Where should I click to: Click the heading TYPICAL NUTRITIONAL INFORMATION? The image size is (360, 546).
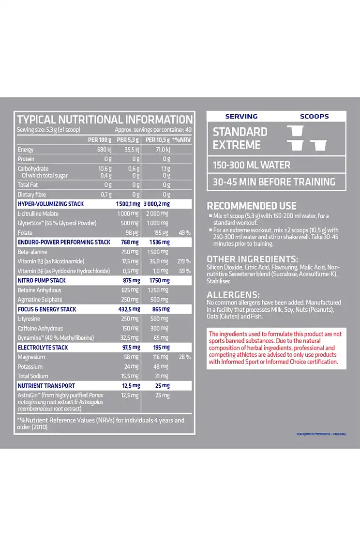[105, 120]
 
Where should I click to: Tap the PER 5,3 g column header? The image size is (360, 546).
[128, 140]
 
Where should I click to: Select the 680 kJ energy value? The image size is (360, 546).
[105, 150]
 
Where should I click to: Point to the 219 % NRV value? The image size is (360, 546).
[184, 261]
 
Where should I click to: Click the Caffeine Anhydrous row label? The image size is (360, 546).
[40, 328]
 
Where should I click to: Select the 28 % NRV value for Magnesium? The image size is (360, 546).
[184, 357]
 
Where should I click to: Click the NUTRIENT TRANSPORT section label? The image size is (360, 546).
[46, 386]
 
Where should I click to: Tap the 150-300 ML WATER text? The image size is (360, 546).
[252, 165]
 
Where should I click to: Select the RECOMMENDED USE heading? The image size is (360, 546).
[252, 206]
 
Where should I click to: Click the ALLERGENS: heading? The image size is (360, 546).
[233, 294]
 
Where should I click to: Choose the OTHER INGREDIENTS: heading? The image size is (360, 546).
[253, 258]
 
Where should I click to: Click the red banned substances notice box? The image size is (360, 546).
[276, 348]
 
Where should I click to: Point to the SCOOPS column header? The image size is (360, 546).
[314, 116]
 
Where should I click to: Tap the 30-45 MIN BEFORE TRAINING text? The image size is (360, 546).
[274, 182]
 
